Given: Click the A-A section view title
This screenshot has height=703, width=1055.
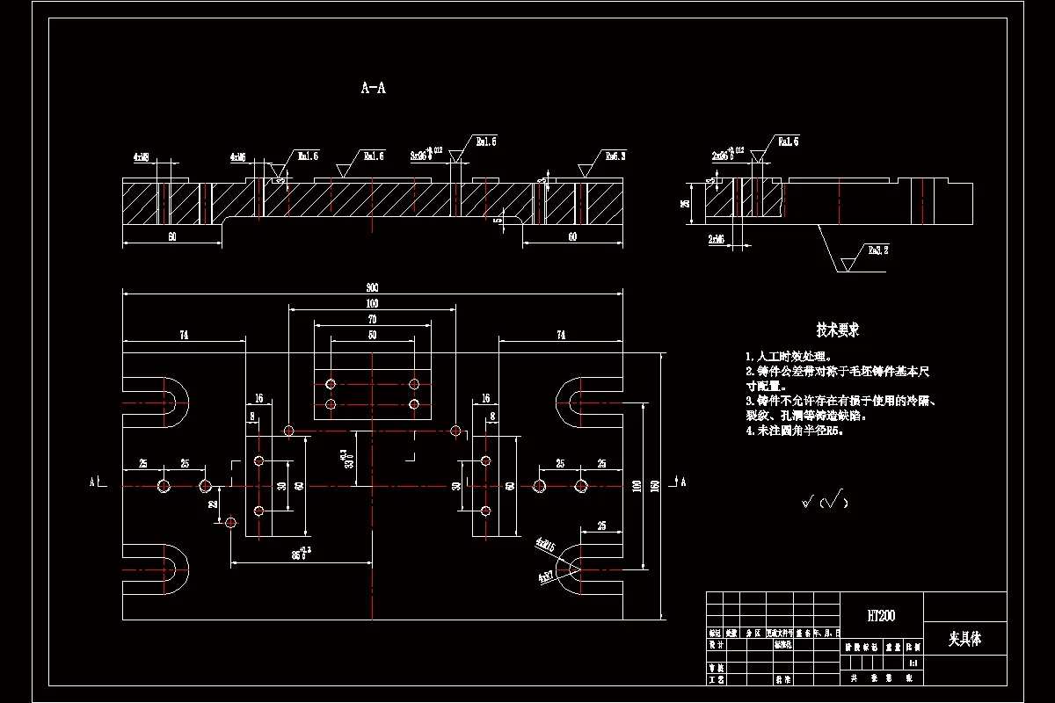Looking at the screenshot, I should click(374, 88).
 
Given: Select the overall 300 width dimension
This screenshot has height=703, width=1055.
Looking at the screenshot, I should click(373, 287).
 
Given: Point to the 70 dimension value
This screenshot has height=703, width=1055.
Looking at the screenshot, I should click(372, 318).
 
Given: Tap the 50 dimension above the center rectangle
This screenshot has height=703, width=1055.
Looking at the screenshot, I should click(372, 335).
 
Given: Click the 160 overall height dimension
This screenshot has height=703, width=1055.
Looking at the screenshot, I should click(655, 486).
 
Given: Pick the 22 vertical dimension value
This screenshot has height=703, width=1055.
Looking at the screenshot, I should click(213, 504).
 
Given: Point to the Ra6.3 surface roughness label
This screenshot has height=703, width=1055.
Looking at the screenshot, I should click(615, 156).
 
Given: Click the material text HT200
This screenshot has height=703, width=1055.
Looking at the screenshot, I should click(881, 616).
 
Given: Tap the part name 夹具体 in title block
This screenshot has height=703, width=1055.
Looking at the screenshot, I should click(964, 640).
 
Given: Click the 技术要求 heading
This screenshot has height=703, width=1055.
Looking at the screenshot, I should click(837, 330).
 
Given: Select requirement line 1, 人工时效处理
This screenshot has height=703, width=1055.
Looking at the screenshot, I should click(787, 357).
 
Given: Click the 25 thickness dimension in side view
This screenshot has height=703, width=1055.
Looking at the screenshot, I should click(685, 203).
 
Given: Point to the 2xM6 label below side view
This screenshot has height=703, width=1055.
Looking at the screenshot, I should click(716, 238).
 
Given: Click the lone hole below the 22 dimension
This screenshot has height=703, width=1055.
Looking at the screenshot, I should click(230, 523).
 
